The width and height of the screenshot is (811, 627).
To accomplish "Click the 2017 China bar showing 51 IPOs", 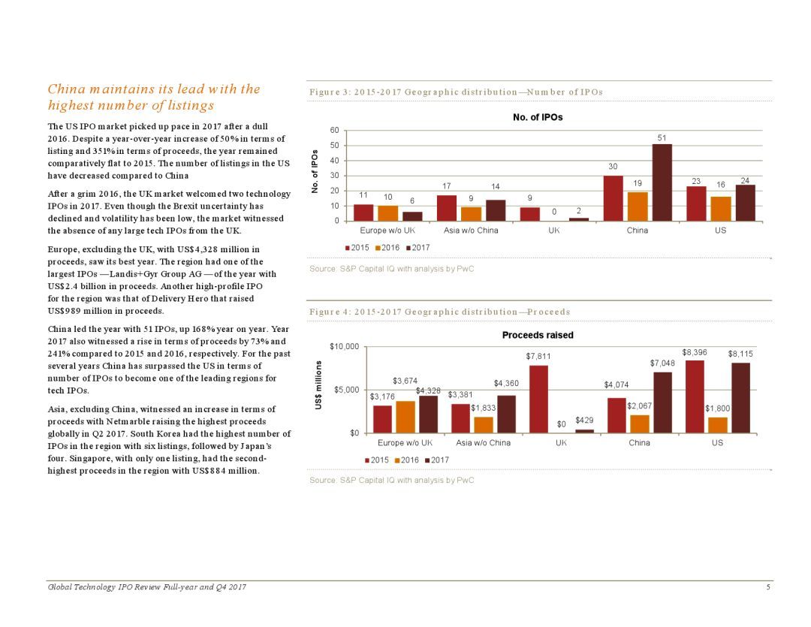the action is click(x=662, y=182).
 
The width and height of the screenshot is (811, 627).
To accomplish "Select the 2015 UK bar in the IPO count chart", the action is click(x=529, y=214).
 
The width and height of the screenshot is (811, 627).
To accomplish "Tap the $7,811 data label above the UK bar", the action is click(x=538, y=357).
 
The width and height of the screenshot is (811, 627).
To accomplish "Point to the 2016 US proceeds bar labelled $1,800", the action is click(x=717, y=425).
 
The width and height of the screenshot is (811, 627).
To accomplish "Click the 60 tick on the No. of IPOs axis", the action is click(x=335, y=131).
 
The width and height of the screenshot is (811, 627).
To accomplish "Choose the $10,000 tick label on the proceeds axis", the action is click(x=345, y=346).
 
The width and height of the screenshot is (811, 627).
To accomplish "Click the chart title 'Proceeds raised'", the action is click(x=538, y=335).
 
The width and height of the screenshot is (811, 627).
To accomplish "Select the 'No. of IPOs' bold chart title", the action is click(x=538, y=117).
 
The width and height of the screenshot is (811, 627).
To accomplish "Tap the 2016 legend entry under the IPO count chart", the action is click(x=387, y=248).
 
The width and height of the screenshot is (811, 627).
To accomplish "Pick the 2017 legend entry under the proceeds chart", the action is click(x=437, y=460).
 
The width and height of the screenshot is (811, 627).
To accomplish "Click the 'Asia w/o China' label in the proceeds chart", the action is click(x=483, y=443).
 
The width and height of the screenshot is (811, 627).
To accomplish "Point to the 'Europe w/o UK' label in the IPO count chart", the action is click(x=387, y=231).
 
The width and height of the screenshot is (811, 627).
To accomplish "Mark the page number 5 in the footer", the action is click(x=769, y=586).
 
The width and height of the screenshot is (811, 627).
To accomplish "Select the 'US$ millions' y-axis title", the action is click(x=318, y=385).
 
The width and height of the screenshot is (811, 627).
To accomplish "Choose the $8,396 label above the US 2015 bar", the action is click(x=695, y=352).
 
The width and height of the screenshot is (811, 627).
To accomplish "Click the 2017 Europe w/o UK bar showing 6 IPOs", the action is click(x=412, y=216).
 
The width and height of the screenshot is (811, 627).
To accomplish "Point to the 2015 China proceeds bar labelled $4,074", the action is click(x=617, y=415).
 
